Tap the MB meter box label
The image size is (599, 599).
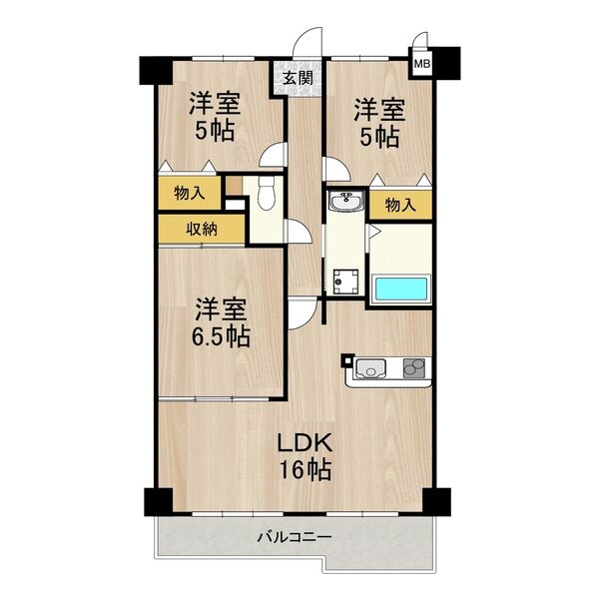click(422, 64)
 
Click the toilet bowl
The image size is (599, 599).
click(265, 195)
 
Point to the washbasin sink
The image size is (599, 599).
click(344, 202)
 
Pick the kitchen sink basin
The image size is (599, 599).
click(370, 370)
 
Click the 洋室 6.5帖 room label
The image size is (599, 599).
click(221, 321)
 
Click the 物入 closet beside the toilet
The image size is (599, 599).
click(186, 192)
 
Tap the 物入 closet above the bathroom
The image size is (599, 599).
click(399, 205)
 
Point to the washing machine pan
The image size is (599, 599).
click(346, 283)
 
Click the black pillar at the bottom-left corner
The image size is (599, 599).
click(156, 499)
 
